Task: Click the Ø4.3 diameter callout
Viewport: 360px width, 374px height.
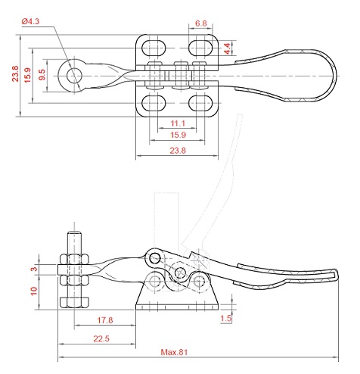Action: coord(30,21)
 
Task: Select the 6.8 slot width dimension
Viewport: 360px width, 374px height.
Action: coord(201,23)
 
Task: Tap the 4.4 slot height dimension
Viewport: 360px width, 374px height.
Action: coord(228,48)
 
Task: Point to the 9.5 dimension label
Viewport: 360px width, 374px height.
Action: coord(42,75)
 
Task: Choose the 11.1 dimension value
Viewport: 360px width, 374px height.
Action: coord(178,123)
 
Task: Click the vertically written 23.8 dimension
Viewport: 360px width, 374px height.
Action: coord(15,73)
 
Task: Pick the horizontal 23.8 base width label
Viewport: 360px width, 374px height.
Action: coord(178,151)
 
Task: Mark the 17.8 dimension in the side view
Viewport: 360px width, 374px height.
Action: coord(105,320)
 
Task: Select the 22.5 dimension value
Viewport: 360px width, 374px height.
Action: coord(101,338)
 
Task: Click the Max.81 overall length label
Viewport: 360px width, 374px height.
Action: coord(174,352)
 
